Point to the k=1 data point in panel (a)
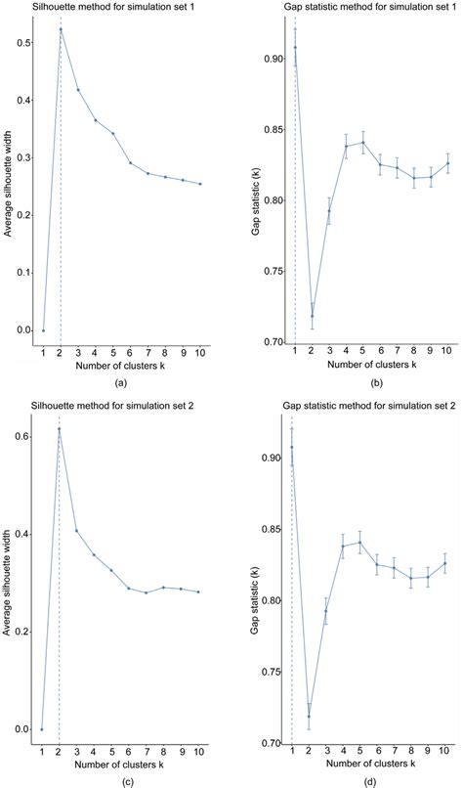coord(42,330)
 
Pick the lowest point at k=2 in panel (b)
coord(312,316)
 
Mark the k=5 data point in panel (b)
coord(363,142)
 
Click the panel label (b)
coord(370,383)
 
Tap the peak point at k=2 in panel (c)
coord(60,429)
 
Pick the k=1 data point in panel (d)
coord(292,447)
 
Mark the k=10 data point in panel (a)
coord(199,184)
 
